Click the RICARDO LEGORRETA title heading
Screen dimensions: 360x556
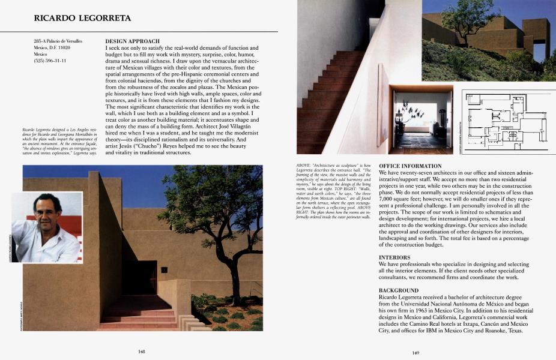point(82,19)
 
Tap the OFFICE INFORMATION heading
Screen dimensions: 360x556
point(410,166)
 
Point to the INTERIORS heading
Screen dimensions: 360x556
point(394,257)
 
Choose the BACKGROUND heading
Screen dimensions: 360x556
point(399,290)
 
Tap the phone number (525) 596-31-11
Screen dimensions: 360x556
point(50,61)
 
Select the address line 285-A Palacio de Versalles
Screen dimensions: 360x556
point(58,41)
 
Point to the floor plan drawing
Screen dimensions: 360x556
point(505,122)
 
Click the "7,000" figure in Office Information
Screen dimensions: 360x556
point(387,198)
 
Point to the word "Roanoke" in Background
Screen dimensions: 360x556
point(481,331)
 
